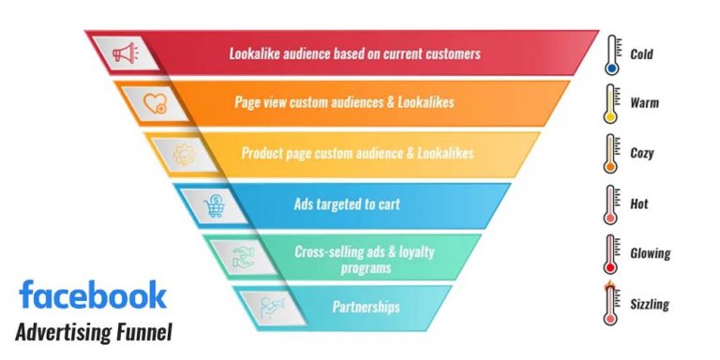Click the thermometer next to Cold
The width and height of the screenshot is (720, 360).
[611, 54]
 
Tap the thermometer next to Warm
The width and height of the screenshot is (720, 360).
[611, 104]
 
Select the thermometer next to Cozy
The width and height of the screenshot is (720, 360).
[611, 154]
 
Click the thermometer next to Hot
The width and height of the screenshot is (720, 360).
[611, 203]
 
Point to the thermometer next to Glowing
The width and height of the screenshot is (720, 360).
[611, 253]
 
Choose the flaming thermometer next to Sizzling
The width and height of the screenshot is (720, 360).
[611, 302]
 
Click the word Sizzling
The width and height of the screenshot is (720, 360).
[651, 304]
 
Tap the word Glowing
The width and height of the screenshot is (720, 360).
[651, 254]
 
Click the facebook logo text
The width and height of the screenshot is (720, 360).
[93, 294]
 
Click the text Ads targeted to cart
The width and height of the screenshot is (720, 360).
[357, 203]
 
